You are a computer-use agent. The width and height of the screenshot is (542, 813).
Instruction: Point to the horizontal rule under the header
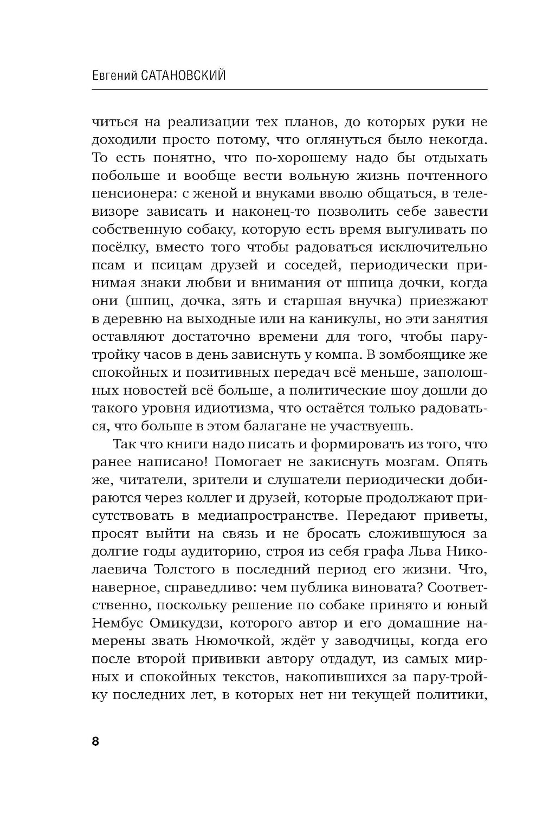[290, 89]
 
